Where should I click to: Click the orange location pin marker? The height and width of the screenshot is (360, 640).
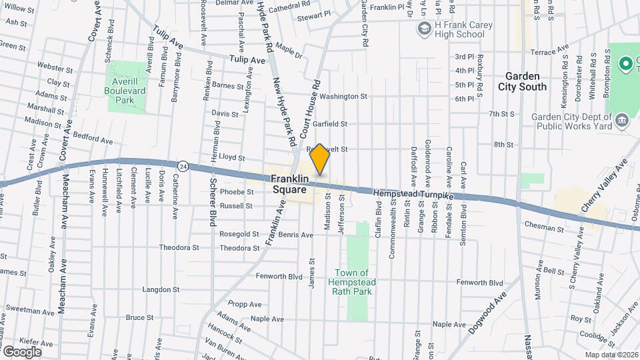point(320,159)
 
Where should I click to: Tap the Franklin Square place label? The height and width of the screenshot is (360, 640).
point(290,184)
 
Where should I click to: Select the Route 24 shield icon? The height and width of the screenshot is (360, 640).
point(182,164)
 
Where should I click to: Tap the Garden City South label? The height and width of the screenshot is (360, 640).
point(522,81)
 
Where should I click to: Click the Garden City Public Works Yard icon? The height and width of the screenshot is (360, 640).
point(622,120)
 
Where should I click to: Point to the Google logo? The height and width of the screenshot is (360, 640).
point(22,351)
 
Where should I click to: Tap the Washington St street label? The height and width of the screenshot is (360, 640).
point(343,97)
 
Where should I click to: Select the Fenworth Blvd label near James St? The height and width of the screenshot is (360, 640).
point(280,276)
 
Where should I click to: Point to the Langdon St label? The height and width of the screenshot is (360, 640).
point(161,290)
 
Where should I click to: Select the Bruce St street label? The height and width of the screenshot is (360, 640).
point(140,317)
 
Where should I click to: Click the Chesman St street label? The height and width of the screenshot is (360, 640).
point(543,228)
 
